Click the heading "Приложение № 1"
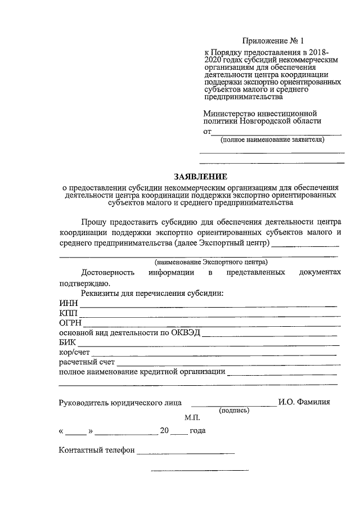(273, 41)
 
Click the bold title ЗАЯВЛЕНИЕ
(200, 176)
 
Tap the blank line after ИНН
(208, 305)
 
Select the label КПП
(68, 313)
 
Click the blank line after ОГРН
(211, 325)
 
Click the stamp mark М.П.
(192, 418)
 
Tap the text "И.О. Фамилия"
(304, 402)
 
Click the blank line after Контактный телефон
(186, 452)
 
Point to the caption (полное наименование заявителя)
(272, 139)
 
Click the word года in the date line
(197, 431)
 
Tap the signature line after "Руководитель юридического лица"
(233, 404)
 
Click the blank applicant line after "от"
(276, 134)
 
